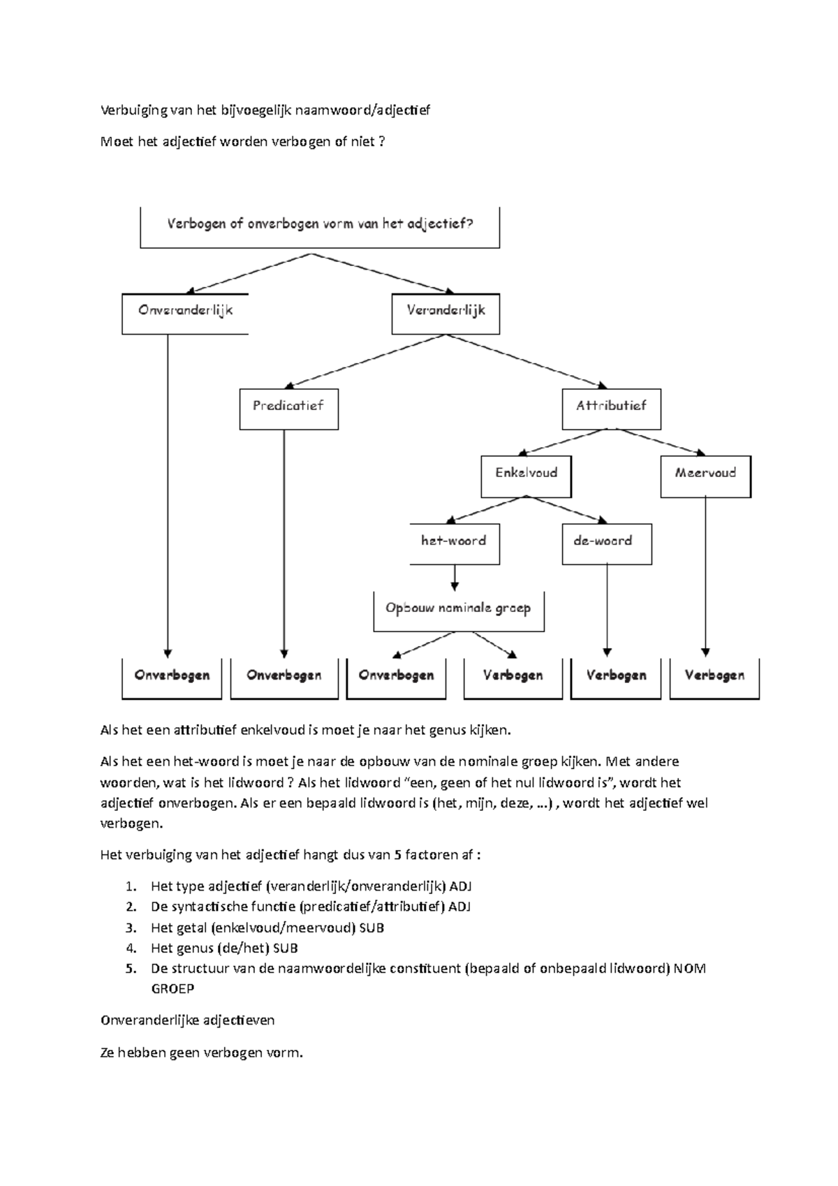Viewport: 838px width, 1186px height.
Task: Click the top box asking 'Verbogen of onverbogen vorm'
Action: (320, 226)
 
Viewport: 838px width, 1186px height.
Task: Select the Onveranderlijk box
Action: (185, 312)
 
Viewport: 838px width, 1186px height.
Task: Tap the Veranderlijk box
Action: (446, 312)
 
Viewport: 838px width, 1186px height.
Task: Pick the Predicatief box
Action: (288, 408)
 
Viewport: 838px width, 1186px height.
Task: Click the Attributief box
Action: (611, 408)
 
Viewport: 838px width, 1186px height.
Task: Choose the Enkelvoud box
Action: (526, 475)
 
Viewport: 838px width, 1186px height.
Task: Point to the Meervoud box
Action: (705, 475)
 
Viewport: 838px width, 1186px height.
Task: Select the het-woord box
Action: (454, 543)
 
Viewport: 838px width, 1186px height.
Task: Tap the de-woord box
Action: (606, 543)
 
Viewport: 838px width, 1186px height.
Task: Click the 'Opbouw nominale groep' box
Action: (458, 610)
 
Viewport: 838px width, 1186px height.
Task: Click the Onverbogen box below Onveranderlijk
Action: (172, 677)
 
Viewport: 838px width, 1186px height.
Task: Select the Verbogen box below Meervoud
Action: (714, 677)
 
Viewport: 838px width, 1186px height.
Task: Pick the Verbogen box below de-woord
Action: (615, 677)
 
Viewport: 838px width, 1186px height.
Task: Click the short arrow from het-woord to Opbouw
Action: (455, 578)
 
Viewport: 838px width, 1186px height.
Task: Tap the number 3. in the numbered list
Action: (131, 928)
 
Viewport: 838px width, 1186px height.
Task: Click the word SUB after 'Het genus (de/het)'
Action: (287, 948)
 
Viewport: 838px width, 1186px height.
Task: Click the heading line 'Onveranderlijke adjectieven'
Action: (188, 1020)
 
